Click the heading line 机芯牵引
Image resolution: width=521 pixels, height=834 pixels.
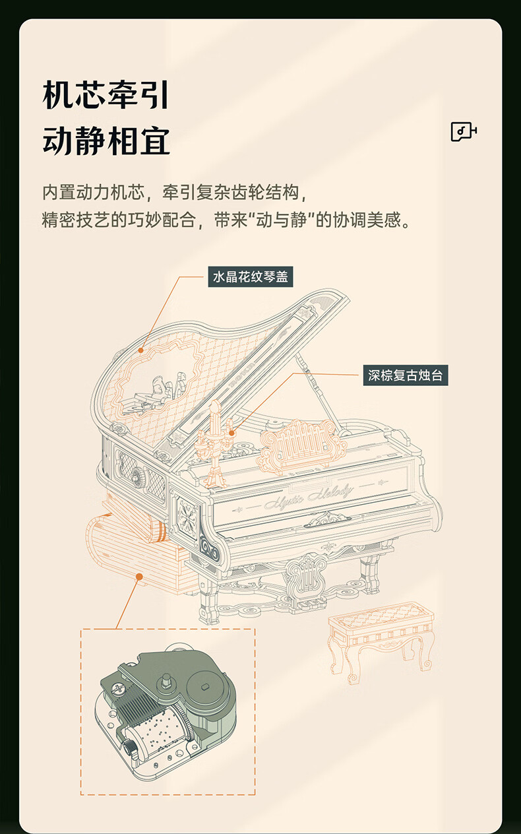pos(106,95)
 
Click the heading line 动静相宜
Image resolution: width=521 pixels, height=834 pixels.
pos(106,141)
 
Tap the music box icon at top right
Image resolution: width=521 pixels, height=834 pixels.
pos(464,131)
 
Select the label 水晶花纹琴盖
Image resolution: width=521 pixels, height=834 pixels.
pos(251,276)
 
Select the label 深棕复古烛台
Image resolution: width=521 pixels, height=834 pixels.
pos(406,375)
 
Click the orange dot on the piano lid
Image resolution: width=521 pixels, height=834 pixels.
pos(140,350)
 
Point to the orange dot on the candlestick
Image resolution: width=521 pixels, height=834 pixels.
pos(231,433)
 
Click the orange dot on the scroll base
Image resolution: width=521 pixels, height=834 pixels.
pos(139,577)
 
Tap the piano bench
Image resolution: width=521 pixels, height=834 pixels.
pos(381,641)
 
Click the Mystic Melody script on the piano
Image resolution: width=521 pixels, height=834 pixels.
pos(308,496)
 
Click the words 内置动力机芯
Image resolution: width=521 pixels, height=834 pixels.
pos(94,193)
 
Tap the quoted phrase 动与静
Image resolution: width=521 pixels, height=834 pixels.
pos(281,220)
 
